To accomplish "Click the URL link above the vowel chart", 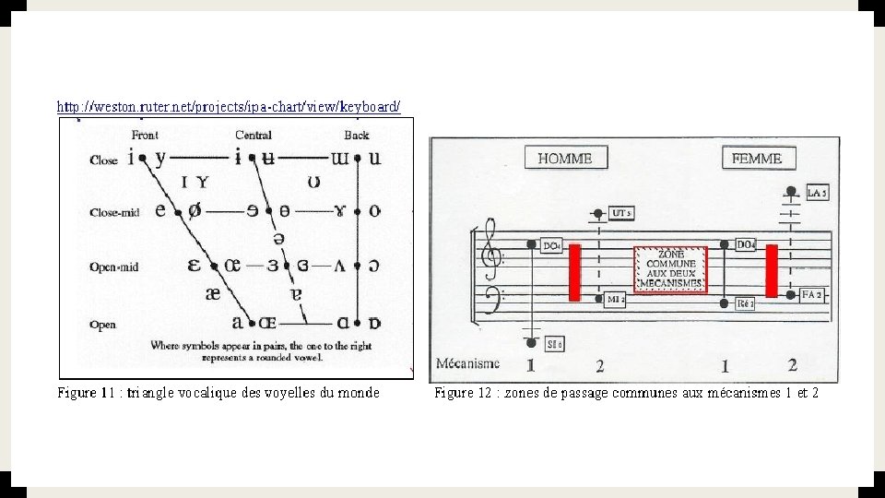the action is tap(229, 107).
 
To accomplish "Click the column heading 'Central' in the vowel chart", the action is tap(253, 136).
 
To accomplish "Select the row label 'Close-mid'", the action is tap(114, 212).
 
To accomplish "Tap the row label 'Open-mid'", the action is tap(114, 267).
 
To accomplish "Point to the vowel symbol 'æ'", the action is tap(213, 292).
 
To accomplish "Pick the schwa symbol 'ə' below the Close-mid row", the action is tap(278, 237).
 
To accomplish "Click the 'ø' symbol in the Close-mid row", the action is tap(194, 210).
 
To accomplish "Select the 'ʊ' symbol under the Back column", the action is tap(314, 183).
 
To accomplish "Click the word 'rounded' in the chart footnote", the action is tap(312, 354).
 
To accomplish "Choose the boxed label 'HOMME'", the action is tap(564, 159).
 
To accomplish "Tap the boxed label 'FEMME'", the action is tap(756, 159).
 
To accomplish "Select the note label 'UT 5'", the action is tap(622, 213).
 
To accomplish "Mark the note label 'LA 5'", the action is tap(818, 193).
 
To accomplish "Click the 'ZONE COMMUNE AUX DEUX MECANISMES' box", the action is tap(670, 269).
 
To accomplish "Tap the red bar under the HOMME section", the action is tap(574, 272).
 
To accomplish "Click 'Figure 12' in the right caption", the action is tap(466, 393).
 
